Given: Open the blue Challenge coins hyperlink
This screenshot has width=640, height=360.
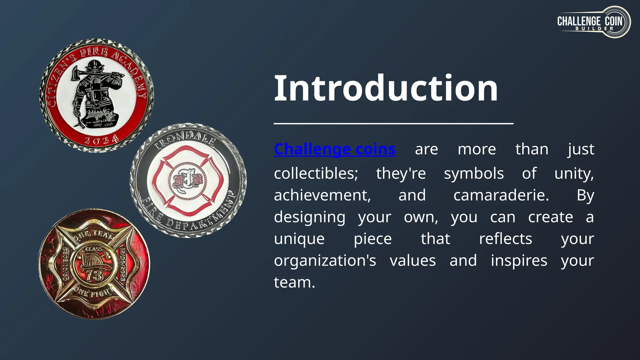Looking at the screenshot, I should (x=334, y=149).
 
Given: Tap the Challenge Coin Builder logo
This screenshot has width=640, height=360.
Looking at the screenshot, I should (x=594, y=22).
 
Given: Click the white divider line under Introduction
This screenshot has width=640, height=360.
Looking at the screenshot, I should (x=393, y=124).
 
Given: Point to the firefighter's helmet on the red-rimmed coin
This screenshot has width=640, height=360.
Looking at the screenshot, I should (x=95, y=66).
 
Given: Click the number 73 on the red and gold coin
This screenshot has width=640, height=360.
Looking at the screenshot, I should (x=94, y=275).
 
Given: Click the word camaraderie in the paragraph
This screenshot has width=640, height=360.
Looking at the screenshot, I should (x=501, y=195).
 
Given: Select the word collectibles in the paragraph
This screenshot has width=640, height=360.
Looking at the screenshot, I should (x=316, y=173).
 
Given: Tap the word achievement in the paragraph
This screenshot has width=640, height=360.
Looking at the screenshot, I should (x=322, y=195).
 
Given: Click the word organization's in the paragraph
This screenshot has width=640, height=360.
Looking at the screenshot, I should (x=325, y=261).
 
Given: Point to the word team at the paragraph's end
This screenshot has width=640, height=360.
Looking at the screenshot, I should (x=294, y=282).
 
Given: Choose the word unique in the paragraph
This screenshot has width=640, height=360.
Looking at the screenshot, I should (x=299, y=239).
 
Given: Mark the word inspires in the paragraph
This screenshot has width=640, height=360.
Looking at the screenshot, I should (x=519, y=261).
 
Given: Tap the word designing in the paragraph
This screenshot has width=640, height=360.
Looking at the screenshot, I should (x=310, y=217).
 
